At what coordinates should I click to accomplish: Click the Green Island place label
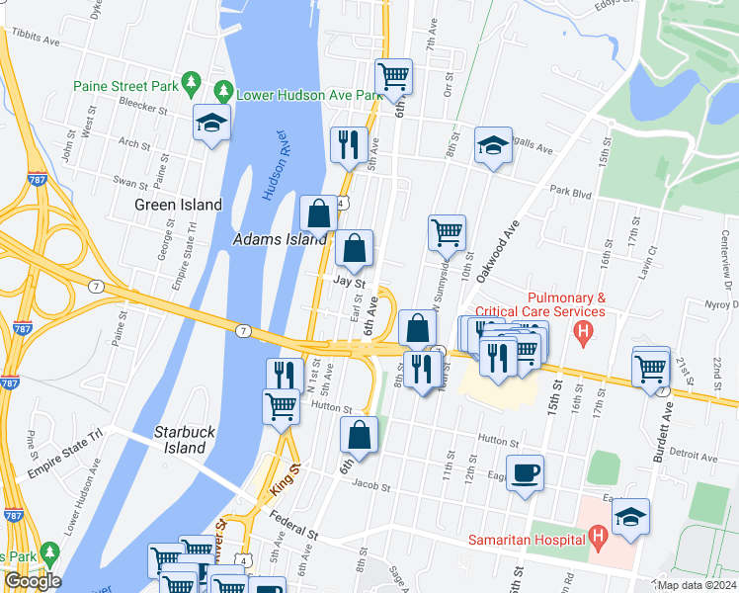(178, 206)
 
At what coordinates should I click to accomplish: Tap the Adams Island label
(280, 240)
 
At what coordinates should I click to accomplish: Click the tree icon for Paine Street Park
(194, 86)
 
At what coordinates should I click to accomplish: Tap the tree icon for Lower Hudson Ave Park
(224, 91)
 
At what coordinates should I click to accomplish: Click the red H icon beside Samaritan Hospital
(597, 538)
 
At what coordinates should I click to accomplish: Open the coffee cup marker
(526, 471)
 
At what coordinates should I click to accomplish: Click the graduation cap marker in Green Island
(210, 123)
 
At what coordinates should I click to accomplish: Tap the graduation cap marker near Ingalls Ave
(493, 145)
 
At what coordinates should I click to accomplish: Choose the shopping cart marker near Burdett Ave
(650, 368)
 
